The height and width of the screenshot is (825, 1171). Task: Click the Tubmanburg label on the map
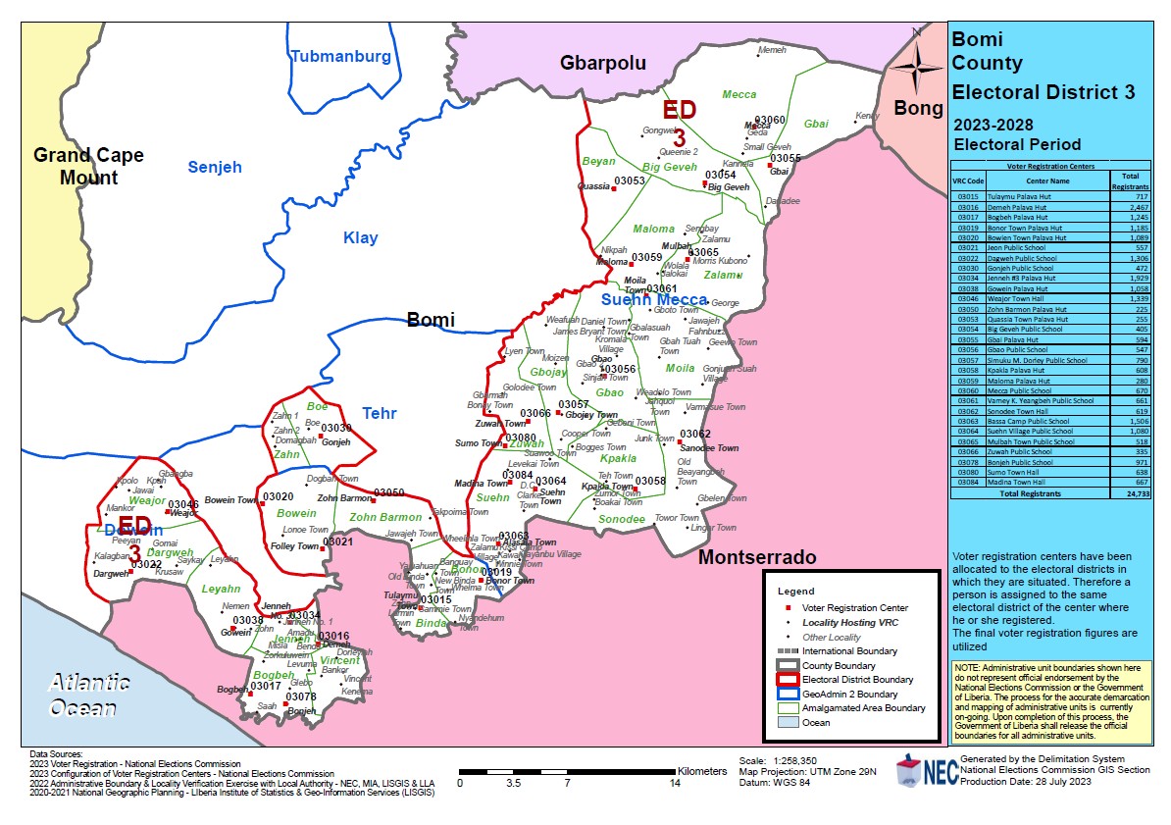pyautogui.click(x=340, y=57)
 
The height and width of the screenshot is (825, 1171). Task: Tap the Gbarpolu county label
pyautogui.click(x=603, y=63)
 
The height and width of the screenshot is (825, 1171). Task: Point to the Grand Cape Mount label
pyautogui.click(x=88, y=166)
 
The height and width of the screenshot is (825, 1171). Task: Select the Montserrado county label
pyautogui.click(x=757, y=557)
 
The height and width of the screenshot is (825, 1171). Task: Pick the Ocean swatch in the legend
pyautogui.click(x=789, y=722)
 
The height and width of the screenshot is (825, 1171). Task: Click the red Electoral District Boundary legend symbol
pyautogui.click(x=789, y=679)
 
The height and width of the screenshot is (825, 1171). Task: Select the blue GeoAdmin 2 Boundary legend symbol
pyautogui.click(x=789, y=694)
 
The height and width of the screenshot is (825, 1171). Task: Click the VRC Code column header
pyautogui.click(x=965, y=181)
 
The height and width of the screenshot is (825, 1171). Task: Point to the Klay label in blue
pyautogui.click(x=360, y=237)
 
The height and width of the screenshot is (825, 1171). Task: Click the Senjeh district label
pyautogui.click(x=215, y=168)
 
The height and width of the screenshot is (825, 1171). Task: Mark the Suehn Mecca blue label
pyautogui.click(x=653, y=300)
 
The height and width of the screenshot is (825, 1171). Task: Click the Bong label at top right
pyautogui.click(x=918, y=109)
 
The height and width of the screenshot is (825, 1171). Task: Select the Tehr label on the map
pyautogui.click(x=379, y=414)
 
